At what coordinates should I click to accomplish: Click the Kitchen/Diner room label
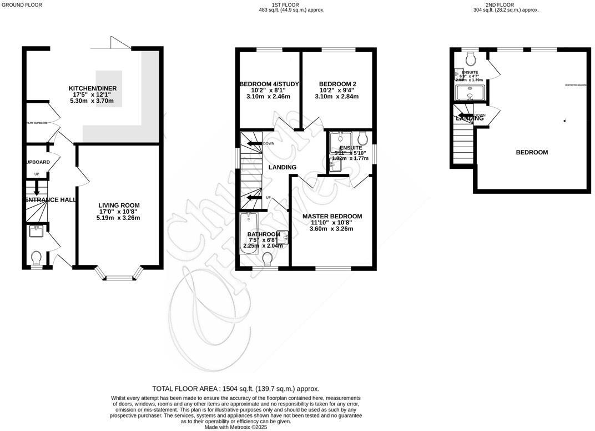[92, 88]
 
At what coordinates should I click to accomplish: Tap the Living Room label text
[115, 206]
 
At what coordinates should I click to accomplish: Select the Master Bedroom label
[332, 217]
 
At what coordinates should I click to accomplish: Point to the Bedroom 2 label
[337, 84]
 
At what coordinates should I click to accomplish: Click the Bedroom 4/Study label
[269, 84]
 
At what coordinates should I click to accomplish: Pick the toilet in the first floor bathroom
[268, 258]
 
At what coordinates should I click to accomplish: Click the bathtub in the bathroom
[246, 233]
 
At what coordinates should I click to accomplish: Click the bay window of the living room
[119, 275]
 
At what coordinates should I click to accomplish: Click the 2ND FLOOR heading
[500, 5]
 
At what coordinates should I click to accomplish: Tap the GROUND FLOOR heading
[21, 5]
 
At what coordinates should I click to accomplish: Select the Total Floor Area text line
[236, 389]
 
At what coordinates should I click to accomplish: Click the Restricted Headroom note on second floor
[576, 85]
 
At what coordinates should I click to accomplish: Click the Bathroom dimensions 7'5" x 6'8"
[263, 240]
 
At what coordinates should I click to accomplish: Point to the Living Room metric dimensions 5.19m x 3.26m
[115, 218]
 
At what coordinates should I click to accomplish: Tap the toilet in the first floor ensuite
[363, 138]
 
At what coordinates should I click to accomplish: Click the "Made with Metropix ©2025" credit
[236, 427]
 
